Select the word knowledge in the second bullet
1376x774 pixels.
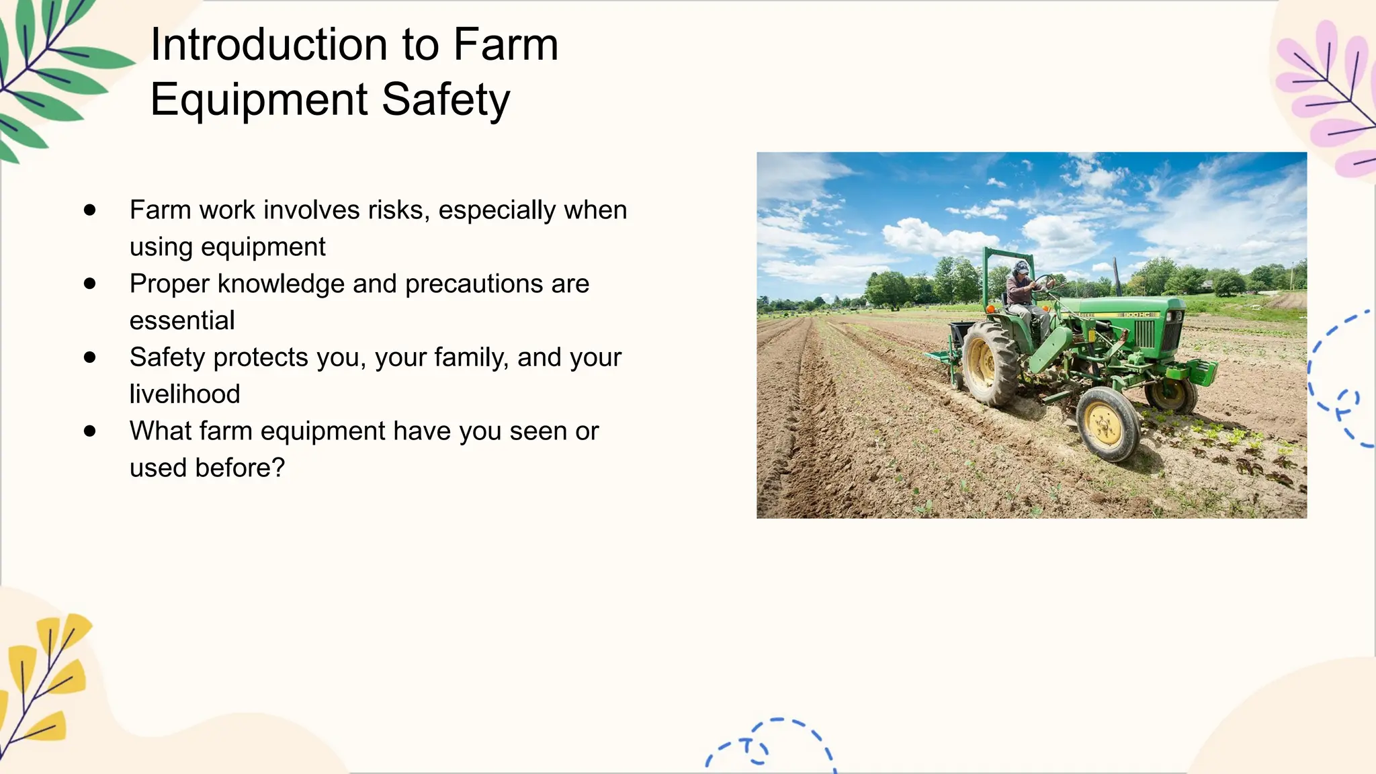pyautogui.click(x=282, y=284)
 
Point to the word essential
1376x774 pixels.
pyautogui.click(x=182, y=321)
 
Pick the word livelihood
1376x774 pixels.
pyautogui.click(x=185, y=394)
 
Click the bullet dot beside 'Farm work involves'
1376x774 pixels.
pyautogui.click(x=90, y=210)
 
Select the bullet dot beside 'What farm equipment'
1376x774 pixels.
pyautogui.click(x=90, y=431)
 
